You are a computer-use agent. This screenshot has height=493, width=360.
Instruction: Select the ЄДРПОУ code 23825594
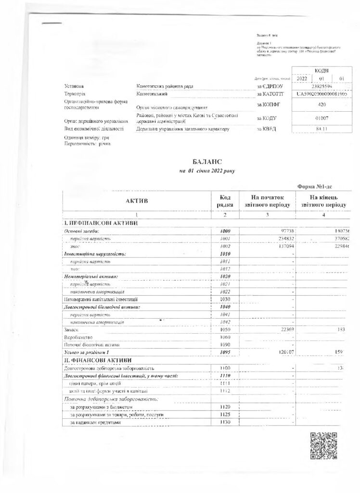(x=318, y=86)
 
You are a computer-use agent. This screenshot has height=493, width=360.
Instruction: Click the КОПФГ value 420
(x=318, y=104)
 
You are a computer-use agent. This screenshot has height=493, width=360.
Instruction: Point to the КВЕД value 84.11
(x=318, y=129)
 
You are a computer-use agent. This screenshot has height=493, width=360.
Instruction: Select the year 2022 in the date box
(x=302, y=78)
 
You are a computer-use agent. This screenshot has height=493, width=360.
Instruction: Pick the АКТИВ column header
(x=137, y=200)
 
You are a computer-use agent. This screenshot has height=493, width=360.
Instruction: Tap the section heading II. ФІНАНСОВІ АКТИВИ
(x=96, y=361)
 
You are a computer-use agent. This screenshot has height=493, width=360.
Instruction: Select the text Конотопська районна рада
(x=165, y=86)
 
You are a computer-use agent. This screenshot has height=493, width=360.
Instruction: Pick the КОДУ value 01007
(x=318, y=117)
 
